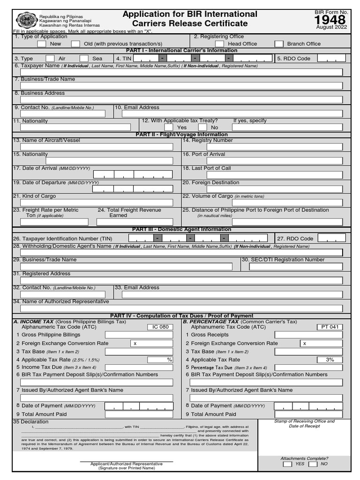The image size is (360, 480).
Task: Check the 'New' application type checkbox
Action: coord(42,44)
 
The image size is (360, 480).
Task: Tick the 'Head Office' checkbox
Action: coord(219,44)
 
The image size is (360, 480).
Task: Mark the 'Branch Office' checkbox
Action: coord(279,44)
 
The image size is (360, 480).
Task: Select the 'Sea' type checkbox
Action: coord(84,59)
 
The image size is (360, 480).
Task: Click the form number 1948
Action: coord(330,20)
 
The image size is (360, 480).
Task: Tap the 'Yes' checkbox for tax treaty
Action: coord(169,127)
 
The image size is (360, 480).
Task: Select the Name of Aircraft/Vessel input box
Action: coord(97,147)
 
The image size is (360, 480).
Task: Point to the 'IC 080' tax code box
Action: coord(160,327)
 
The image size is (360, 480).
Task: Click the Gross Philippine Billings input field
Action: coord(139,335)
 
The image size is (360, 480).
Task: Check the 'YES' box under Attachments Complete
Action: coord(287,464)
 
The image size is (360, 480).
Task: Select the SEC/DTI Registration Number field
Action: coord(296,266)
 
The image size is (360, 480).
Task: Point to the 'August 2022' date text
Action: coord(331,27)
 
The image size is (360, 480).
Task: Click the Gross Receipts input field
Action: coord(308,335)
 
